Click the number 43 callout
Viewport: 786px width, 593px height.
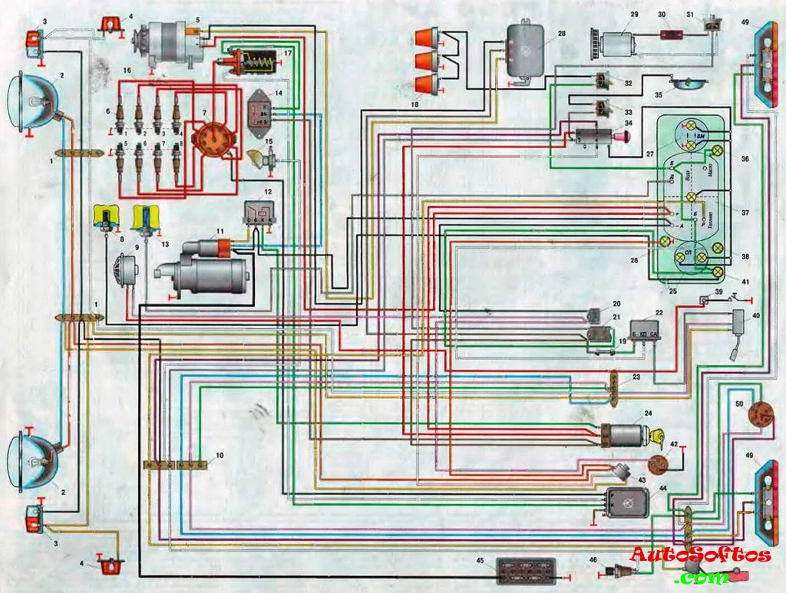pyautogui.click(x=642, y=479)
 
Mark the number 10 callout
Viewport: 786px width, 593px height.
pyautogui.click(x=220, y=455)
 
